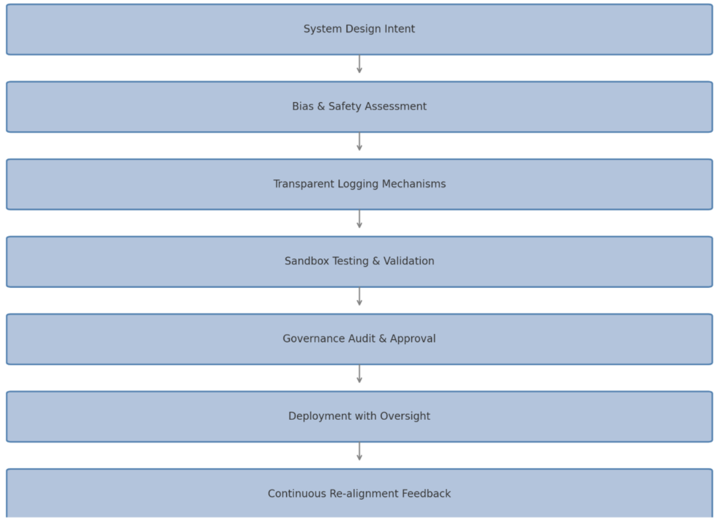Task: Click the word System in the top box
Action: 323,29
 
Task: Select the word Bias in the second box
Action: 303,106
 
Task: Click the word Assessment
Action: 396,106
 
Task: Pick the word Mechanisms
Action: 414,184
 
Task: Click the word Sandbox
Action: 307,261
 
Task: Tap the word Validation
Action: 409,261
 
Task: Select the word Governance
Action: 313,339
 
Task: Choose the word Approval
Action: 413,339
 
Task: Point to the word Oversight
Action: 405,417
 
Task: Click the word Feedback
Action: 426,494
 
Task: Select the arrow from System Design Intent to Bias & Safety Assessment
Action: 359,64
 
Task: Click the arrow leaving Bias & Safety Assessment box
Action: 359,141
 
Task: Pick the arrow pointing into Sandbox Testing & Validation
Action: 359,219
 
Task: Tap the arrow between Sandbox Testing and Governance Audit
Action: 359,297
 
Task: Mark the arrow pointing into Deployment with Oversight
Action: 359,374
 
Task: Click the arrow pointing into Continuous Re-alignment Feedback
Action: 359,452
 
